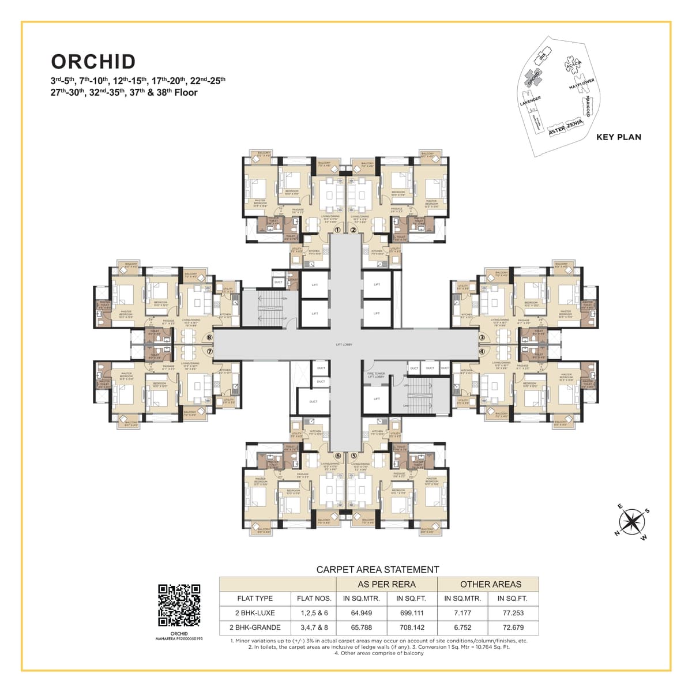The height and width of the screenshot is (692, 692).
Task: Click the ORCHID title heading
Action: pos(93,62)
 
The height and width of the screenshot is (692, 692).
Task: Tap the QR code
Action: pos(179,605)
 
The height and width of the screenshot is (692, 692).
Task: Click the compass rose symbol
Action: pos(633,521)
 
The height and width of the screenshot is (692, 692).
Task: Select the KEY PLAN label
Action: pos(618,137)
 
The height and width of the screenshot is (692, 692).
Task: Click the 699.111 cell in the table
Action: pos(410,613)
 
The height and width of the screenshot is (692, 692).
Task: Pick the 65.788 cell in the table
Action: pos(362,627)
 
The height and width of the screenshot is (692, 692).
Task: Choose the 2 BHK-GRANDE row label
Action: pos(254,627)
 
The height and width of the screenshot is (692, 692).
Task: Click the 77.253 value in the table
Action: pos(513,613)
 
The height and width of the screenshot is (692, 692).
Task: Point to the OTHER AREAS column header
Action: pos(490,584)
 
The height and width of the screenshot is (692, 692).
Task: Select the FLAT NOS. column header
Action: pos(314,599)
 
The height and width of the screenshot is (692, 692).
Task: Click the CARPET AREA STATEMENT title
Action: pos(378,570)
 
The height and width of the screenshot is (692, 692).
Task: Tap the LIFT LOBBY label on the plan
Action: pos(344,345)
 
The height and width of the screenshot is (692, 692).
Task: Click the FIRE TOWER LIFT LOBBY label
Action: pos(375,375)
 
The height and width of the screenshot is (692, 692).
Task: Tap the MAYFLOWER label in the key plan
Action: pos(581,84)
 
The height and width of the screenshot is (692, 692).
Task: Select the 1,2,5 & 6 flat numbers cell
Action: pos(314,613)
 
